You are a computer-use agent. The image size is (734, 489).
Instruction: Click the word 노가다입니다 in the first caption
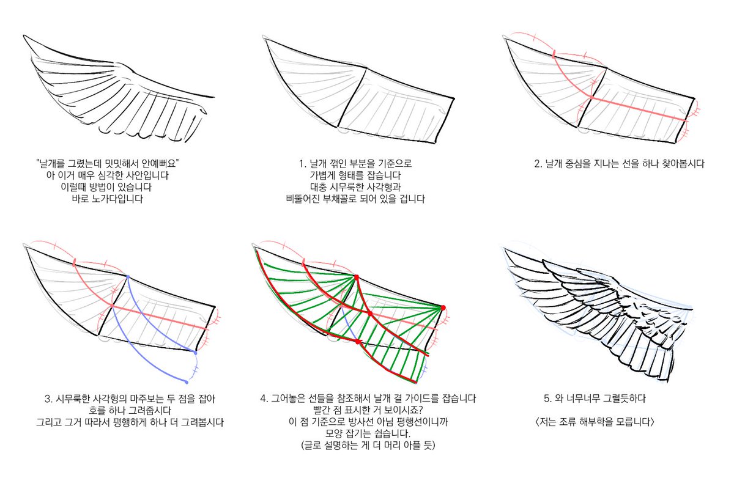point(117,199)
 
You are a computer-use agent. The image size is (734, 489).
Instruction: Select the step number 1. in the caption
point(302,163)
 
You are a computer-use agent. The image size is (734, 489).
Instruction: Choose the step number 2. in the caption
point(538,163)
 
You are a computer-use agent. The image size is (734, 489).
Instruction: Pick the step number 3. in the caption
point(49,399)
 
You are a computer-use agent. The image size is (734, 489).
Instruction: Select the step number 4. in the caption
point(264,399)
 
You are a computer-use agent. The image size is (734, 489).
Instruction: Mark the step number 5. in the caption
point(548,399)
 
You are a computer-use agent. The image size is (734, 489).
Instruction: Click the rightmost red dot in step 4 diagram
point(443,308)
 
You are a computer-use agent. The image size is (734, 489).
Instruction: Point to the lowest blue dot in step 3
point(187,382)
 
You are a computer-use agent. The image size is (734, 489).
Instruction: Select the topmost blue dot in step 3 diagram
point(127,277)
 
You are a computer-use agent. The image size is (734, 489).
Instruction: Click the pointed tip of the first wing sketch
point(24,35)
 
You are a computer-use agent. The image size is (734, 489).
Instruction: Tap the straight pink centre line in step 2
point(639,109)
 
